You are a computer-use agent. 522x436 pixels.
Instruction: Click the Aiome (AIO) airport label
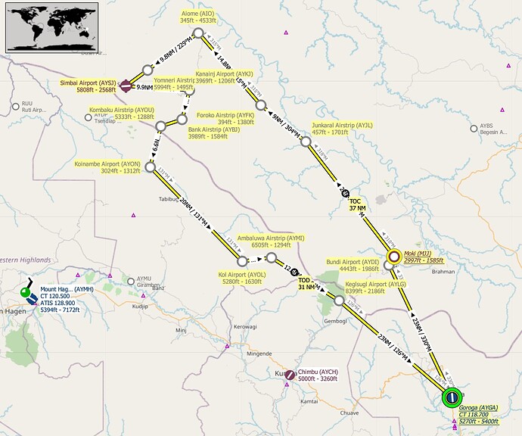pos(197,17)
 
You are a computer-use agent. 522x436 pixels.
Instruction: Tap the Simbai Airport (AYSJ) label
pos(88,86)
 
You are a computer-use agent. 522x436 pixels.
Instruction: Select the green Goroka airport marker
pos(452,395)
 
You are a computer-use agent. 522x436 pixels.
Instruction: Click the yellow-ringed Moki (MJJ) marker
pos(393,257)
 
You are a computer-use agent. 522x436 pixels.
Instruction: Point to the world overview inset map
pos(51,26)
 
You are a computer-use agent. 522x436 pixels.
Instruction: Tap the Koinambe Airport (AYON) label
pos(107,167)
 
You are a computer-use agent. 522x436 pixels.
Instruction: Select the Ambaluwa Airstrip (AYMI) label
pos(270,241)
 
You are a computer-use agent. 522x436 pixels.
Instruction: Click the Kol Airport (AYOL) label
pos(242,278)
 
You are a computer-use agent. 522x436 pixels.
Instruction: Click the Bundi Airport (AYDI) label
pos(352,266)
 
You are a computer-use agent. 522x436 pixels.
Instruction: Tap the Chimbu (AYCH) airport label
pos(317,375)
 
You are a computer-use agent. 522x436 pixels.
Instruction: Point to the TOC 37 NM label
pos(356,206)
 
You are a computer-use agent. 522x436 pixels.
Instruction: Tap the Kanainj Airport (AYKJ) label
pos(224,77)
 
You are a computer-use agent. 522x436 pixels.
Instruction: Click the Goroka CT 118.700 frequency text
pos(478,414)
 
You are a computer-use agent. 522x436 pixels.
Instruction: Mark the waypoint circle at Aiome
pos(198,33)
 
